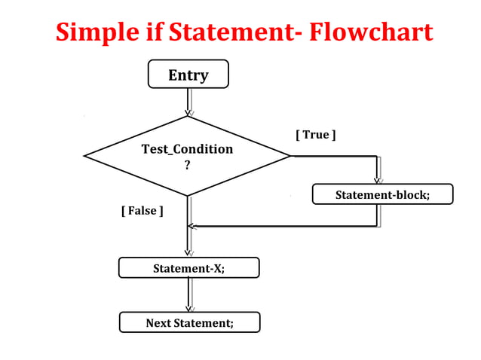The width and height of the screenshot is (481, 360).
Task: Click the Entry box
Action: pos(188,75)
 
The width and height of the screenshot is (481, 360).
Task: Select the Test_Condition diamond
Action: pos(187,156)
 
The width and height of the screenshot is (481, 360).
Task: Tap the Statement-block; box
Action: pos(382,194)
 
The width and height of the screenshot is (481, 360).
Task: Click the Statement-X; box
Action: pos(188,267)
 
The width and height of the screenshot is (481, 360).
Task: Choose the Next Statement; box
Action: pos(189,322)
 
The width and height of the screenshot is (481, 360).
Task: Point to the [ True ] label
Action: pos(315,135)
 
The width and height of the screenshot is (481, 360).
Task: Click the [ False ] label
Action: pos(142,211)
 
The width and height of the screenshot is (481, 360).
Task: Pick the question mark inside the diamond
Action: pos(187,166)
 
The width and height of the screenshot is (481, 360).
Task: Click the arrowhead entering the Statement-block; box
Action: pos(377,180)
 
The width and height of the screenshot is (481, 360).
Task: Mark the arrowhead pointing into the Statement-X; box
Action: pos(188,254)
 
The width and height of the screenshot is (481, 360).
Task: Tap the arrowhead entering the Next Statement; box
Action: pos(188,308)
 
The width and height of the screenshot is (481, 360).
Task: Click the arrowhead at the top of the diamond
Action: pos(188,112)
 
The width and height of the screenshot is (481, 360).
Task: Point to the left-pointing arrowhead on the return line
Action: pos(191,226)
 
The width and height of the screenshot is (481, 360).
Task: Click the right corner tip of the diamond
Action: pos(290,156)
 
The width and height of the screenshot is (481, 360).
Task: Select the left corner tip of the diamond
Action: pos(84,156)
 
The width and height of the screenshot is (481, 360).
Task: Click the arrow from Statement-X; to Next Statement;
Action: pos(188,294)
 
